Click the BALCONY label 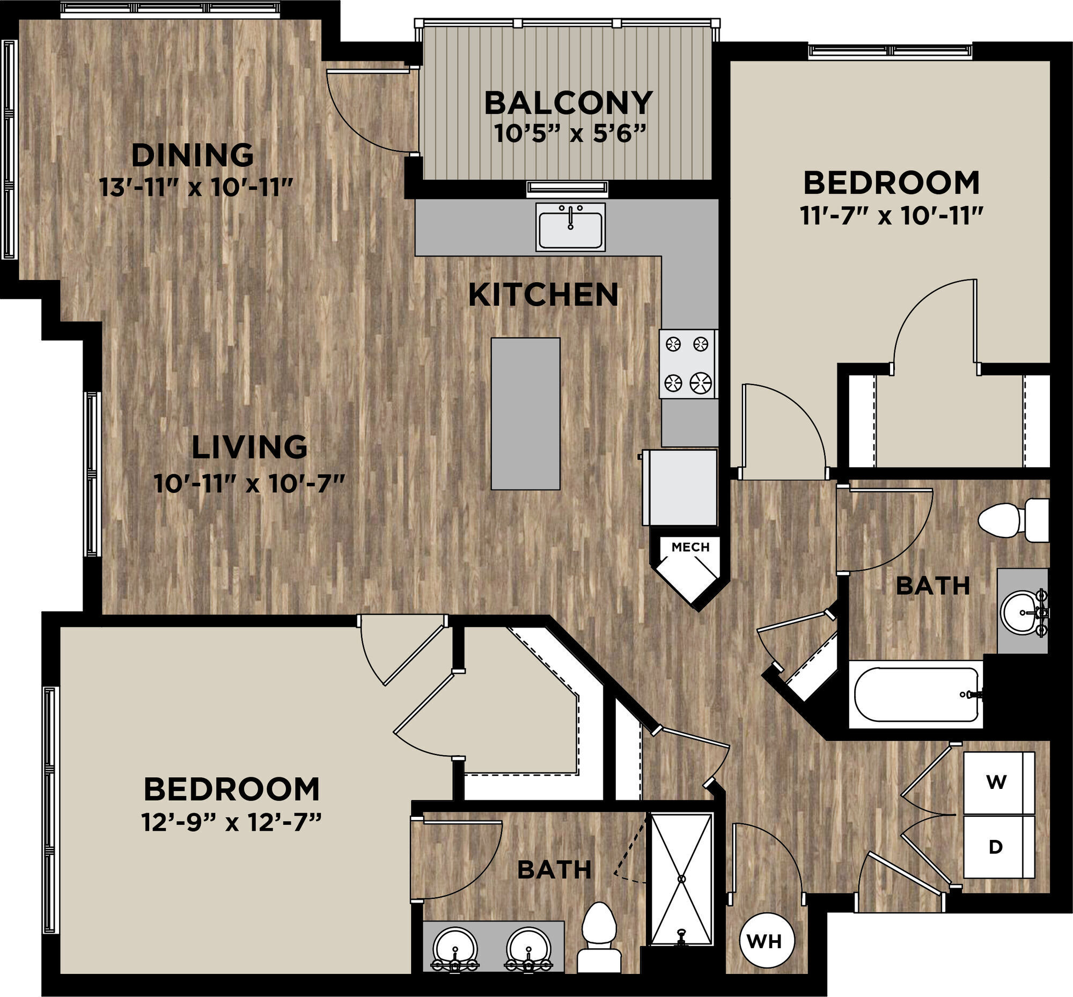tap(568, 104)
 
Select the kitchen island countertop tap(525, 414)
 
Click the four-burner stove tap(688, 364)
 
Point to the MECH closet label tap(690, 547)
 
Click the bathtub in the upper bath tap(916, 695)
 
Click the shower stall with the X tap(681, 880)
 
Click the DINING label tap(193, 156)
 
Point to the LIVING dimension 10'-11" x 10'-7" tap(249, 483)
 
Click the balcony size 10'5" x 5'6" tap(570, 134)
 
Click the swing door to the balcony tap(372, 110)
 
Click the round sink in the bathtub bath tap(1021, 612)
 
